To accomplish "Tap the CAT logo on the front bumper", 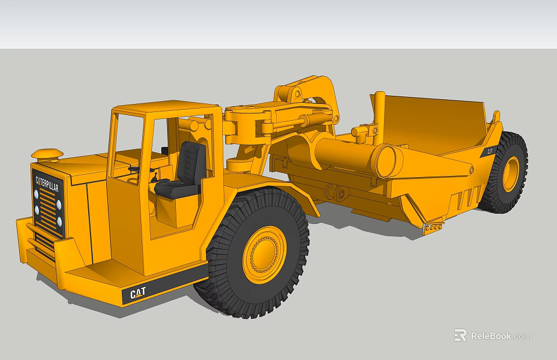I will (x=138, y=294).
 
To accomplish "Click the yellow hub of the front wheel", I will (x=264, y=254).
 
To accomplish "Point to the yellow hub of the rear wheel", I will (x=511, y=174).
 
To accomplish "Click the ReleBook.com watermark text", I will (x=501, y=336).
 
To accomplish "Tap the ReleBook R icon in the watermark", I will (x=460, y=335).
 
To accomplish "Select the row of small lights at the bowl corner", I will (x=433, y=229).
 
